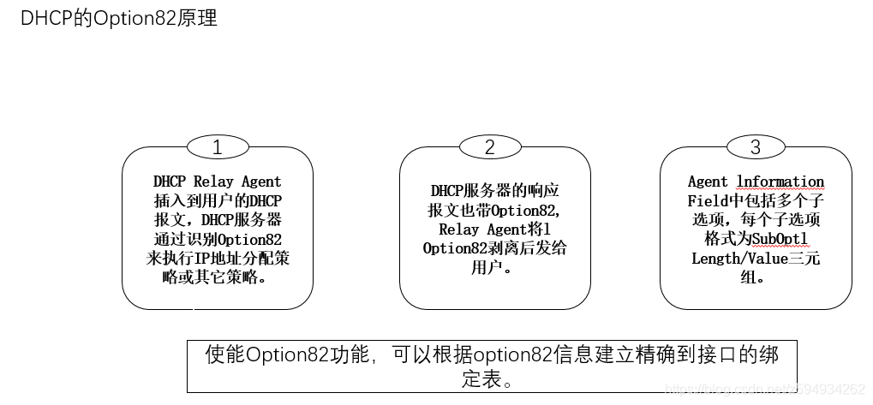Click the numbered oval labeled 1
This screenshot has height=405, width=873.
217,146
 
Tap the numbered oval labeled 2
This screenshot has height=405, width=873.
489,146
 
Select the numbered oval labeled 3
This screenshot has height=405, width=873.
755,146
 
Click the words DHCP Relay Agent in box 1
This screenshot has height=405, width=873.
217,182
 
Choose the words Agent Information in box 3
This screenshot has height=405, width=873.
756,182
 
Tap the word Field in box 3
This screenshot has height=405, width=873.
708,201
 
